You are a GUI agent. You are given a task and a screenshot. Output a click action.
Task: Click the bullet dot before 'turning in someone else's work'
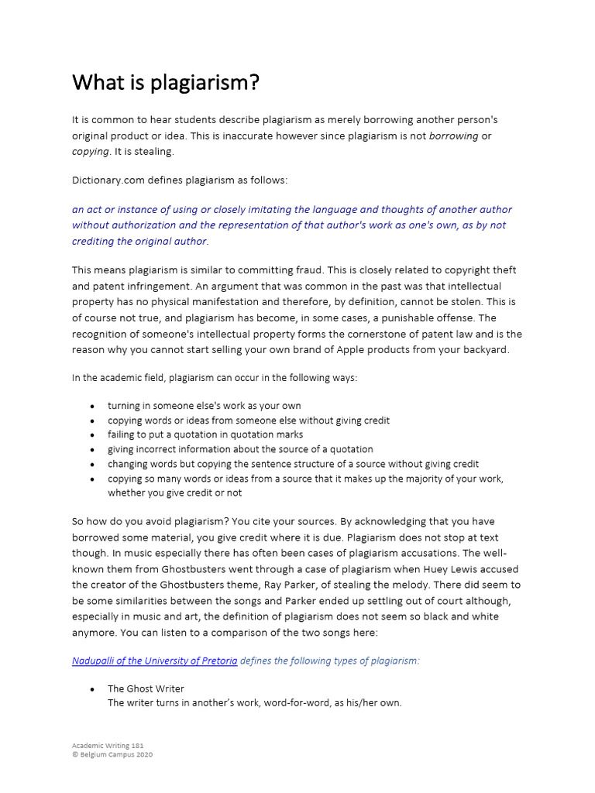(x=93, y=407)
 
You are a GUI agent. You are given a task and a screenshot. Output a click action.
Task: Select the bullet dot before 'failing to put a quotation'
(x=93, y=435)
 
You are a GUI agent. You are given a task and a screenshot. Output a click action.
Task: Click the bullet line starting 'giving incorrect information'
(x=240, y=449)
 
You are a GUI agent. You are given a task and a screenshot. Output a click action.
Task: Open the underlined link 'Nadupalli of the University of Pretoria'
(x=154, y=661)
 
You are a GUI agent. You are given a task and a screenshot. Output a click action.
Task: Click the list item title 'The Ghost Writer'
(x=146, y=688)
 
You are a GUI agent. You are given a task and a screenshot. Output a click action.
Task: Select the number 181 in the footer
(x=136, y=746)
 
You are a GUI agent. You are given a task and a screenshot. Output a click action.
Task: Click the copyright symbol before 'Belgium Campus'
(x=75, y=754)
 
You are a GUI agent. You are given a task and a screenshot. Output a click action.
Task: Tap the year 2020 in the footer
(x=143, y=754)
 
